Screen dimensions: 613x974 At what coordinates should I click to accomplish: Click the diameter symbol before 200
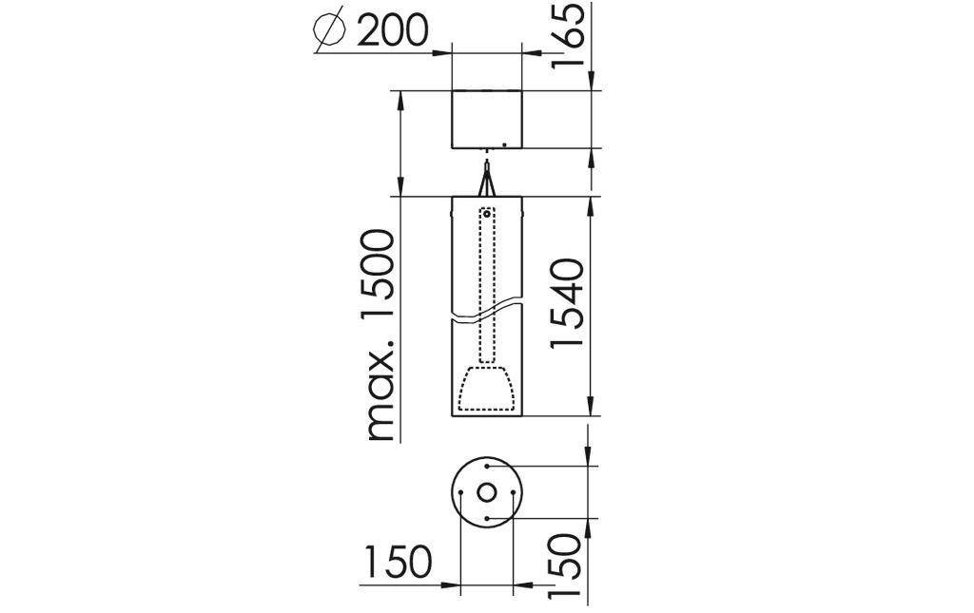pyautogui.click(x=328, y=31)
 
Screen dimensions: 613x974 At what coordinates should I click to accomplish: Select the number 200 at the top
pyautogui.click(x=392, y=31)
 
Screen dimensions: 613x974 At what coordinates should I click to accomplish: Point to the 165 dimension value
pyautogui.click(x=571, y=34)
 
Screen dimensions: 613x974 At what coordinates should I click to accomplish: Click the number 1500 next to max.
pyautogui.click(x=380, y=275)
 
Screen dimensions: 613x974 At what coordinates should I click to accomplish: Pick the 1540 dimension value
pyautogui.click(x=568, y=303)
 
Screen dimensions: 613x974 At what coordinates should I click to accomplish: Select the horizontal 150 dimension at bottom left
pyautogui.click(x=397, y=564)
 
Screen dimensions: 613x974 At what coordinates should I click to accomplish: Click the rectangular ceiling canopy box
pyautogui.click(x=487, y=119)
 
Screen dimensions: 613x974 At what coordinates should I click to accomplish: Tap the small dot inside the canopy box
pyautogui.click(x=505, y=144)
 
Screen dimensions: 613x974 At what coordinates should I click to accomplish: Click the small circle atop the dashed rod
pyautogui.click(x=487, y=214)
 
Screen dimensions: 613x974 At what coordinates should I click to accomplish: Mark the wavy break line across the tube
pyautogui.click(x=487, y=313)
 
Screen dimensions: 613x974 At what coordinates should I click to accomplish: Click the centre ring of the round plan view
pyautogui.click(x=487, y=492)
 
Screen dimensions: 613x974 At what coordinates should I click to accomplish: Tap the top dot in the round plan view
pyautogui.click(x=487, y=467)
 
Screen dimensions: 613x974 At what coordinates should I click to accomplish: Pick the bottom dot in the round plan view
pyautogui.click(x=487, y=518)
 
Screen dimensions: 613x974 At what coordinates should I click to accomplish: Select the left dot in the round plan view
pyautogui.click(x=461, y=492)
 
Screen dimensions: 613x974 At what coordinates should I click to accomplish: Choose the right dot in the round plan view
pyautogui.click(x=513, y=492)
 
